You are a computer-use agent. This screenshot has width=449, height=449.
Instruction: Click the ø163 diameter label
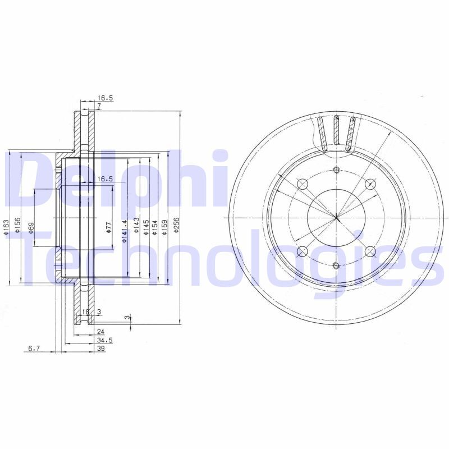tap(6, 227)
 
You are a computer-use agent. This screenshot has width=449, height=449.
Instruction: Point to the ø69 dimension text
tap(31, 227)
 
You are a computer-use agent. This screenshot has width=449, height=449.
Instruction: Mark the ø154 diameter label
tap(155, 227)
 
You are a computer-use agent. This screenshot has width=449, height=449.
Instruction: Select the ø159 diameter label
tap(164, 227)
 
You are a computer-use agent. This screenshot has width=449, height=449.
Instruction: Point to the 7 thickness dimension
tap(98, 106)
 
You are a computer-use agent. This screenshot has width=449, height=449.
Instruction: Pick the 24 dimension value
tap(101, 332)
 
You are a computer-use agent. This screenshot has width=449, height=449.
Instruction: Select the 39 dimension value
tap(101, 349)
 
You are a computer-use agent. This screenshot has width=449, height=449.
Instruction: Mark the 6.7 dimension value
tap(34, 349)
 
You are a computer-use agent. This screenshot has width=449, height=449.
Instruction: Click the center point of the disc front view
tap(336, 218)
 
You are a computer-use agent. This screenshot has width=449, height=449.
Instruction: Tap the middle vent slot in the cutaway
tap(336, 132)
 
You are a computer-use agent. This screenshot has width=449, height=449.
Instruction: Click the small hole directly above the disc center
tap(336, 171)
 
